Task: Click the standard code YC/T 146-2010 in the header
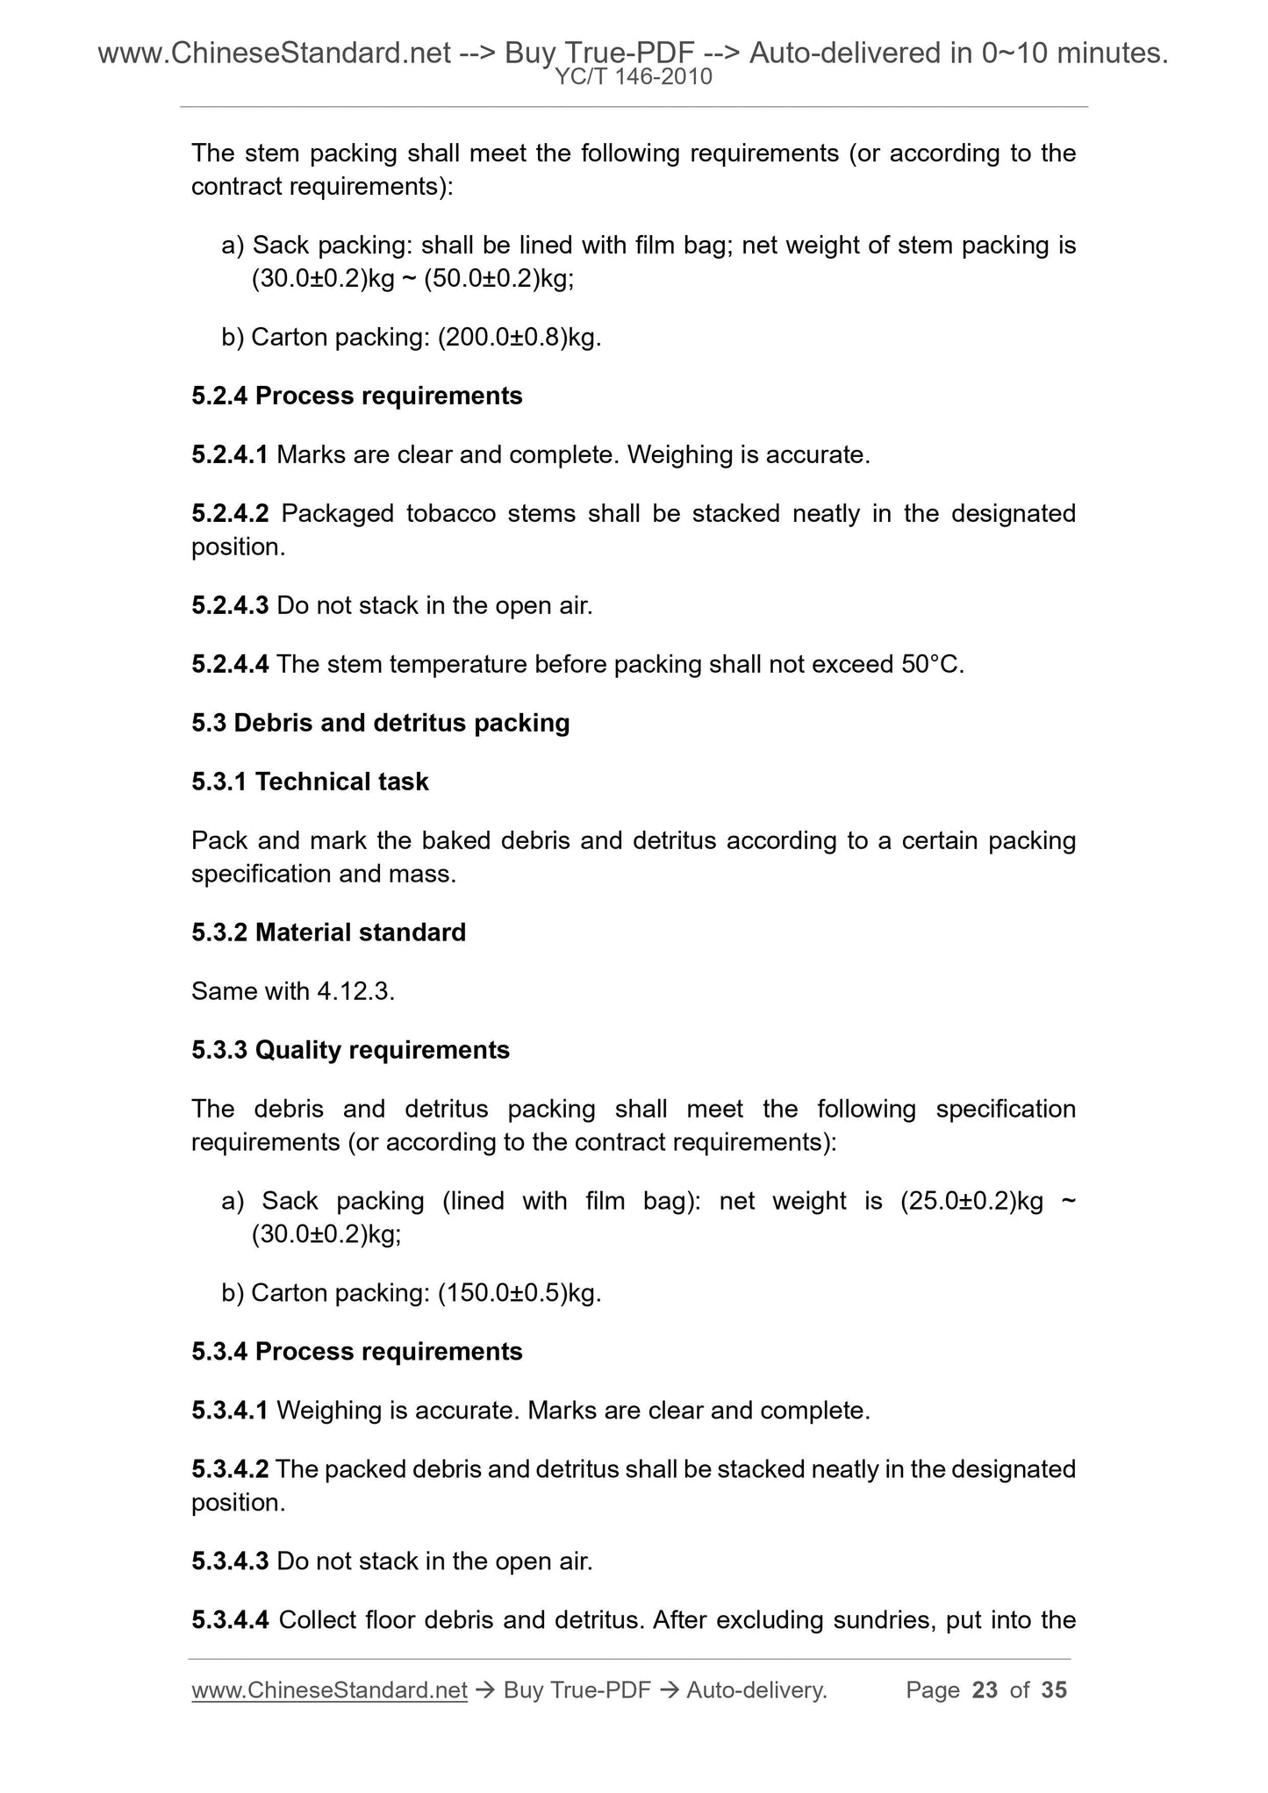click(x=634, y=78)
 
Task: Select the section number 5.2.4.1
click(x=230, y=455)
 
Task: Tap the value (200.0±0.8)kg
click(x=518, y=337)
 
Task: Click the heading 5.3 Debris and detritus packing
click(x=381, y=723)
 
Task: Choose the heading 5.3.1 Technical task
click(x=310, y=782)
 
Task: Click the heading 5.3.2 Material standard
click(x=328, y=932)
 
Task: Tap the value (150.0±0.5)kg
click(x=518, y=1293)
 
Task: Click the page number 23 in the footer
click(x=985, y=1689)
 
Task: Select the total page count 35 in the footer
click(x=1053, y=1689)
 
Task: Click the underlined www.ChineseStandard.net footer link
click(x=329, y=1689)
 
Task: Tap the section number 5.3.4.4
click(x=230, y=1619)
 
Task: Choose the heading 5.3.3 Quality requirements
click(x=350, y=1050)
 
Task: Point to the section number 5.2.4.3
click(x=230, y=605)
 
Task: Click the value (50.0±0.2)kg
click(x=497, y=279)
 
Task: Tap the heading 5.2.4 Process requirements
click(x=356, y=396)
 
